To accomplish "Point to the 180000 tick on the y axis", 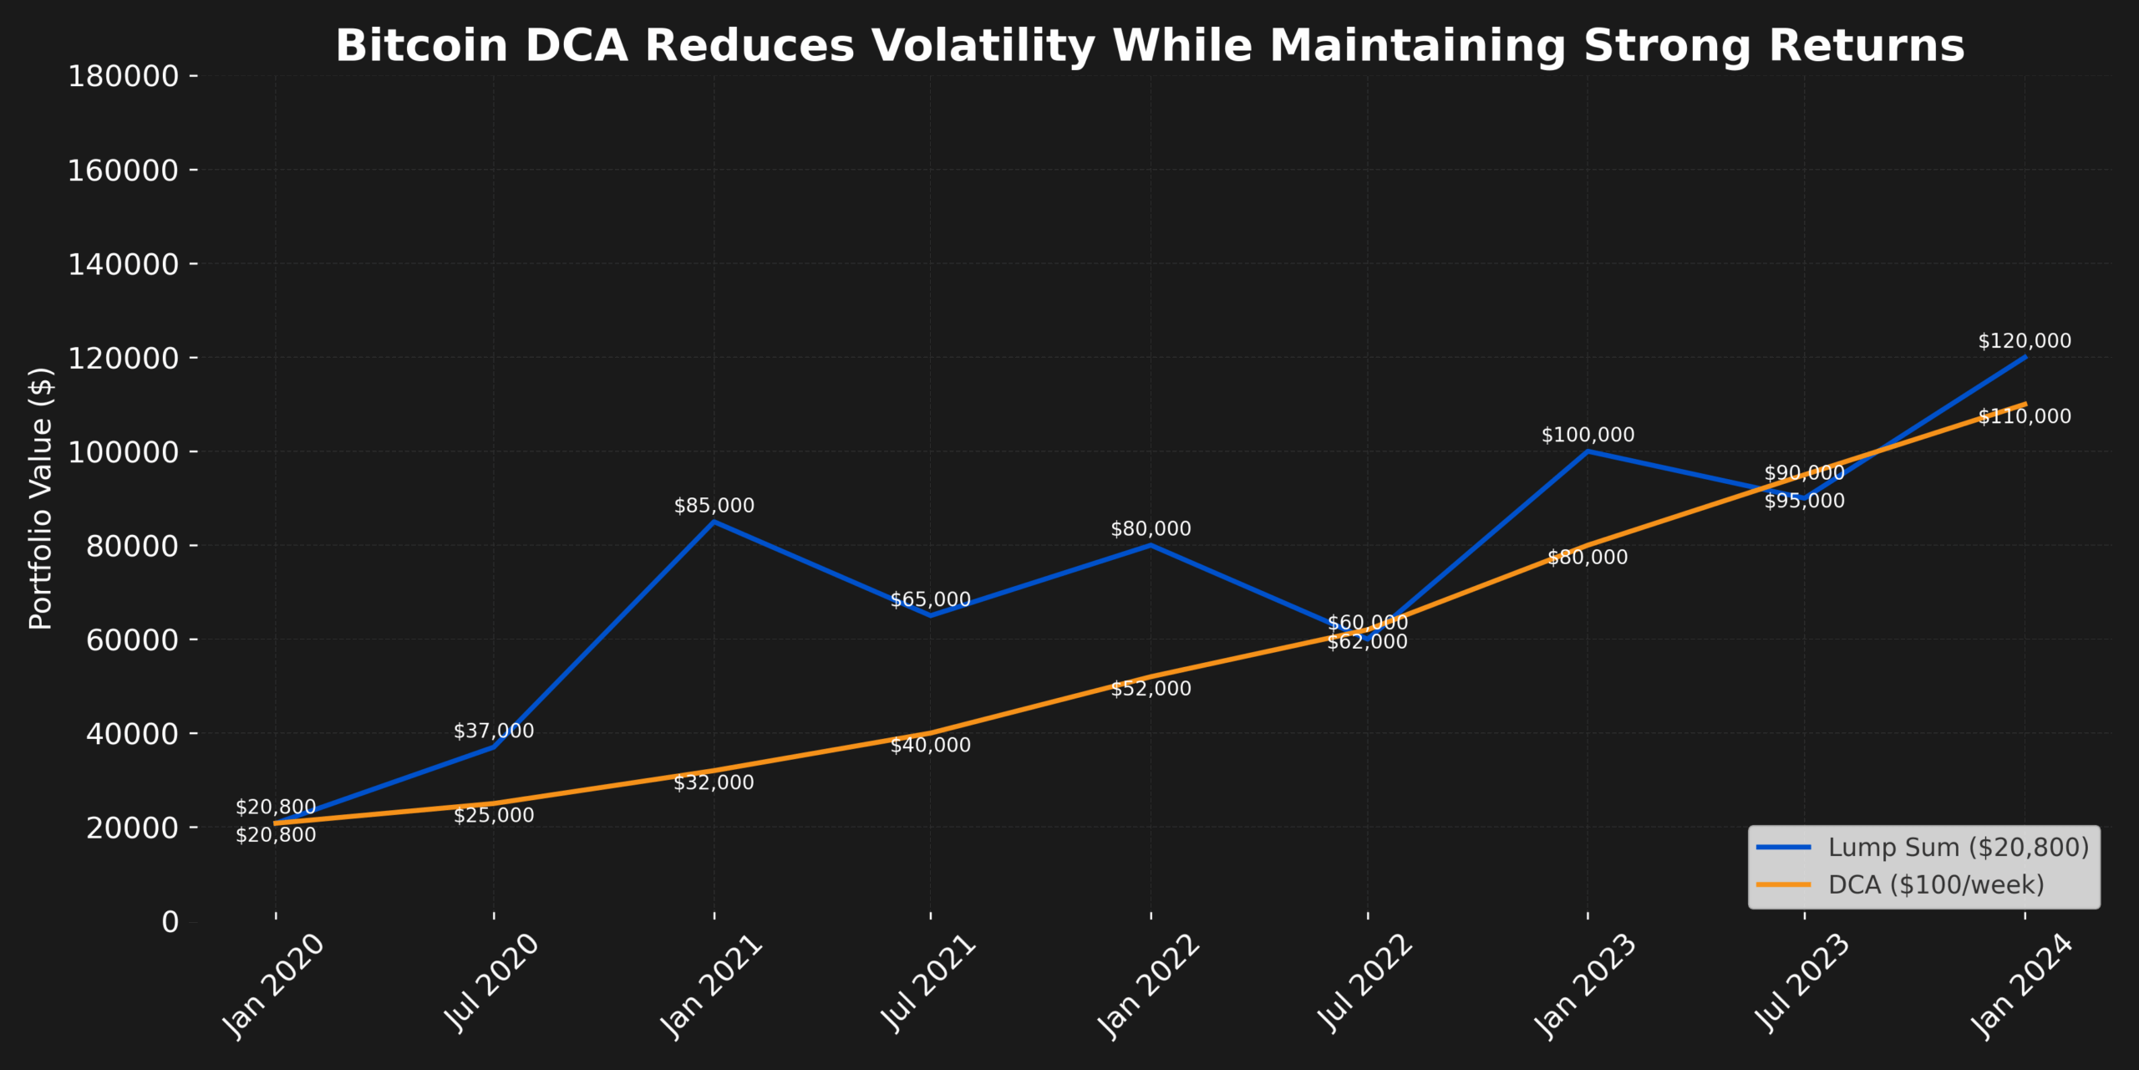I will tap(123, 76).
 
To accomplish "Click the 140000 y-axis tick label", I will tap(123, 264).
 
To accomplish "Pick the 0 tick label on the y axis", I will tap(170, 921).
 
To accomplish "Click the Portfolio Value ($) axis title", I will tap(41, 498).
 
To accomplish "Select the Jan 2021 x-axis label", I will tap(711, 987).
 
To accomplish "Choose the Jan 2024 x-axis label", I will tap(2021, 987).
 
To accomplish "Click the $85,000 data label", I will tap(714, 506).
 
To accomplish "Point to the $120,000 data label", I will tap(2025, 341).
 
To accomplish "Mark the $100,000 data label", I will tap(1588, 435).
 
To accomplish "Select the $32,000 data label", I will tap(714, 782).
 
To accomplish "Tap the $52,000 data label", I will tap(1151, 689).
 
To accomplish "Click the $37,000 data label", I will tap(494, 731).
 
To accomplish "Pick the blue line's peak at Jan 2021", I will tap(714, 522).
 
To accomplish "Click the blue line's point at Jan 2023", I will tap(1588, 451).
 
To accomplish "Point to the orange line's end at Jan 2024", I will tap(2025, 404).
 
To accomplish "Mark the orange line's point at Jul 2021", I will tap(931, 733).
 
